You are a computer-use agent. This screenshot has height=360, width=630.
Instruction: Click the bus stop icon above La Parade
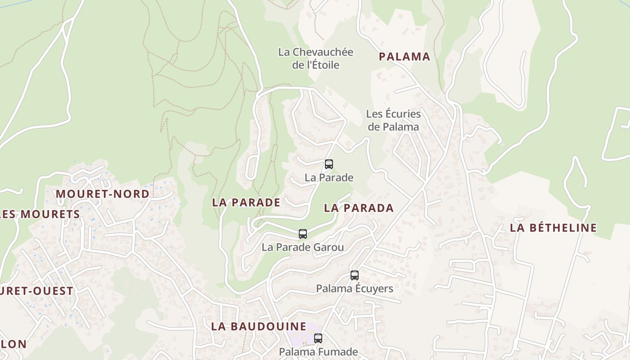329,164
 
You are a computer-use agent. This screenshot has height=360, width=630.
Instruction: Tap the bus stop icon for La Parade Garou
303,234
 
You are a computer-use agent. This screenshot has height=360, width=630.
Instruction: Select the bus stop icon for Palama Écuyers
355,275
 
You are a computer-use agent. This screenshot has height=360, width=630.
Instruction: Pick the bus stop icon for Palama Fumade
318,338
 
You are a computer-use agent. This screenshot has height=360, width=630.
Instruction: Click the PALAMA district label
404,57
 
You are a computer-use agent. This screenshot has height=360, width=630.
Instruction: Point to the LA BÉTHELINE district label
553,228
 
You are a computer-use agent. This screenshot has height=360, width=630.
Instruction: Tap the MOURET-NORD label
102,194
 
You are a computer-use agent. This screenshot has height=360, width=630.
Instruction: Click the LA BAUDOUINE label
259,327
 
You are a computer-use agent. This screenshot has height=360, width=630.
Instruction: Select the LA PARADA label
359,208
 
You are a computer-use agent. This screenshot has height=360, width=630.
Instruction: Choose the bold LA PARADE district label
246,202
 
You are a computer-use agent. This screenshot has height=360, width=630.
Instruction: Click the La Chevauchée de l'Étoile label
315,58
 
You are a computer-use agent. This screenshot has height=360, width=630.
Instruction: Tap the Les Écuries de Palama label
393,120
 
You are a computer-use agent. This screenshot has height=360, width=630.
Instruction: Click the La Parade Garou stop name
303,247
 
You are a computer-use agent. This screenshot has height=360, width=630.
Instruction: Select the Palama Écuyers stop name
355,288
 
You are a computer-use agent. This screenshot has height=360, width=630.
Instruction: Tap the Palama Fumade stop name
318,351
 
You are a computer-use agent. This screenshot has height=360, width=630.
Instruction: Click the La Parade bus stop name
329,177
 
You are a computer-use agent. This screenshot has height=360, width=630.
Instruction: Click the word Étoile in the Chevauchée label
323,65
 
